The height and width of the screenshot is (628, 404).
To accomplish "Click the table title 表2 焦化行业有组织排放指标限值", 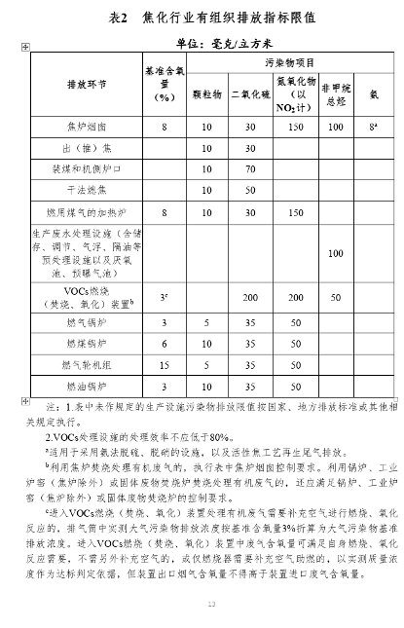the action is coord(202,18).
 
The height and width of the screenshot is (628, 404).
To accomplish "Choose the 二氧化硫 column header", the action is coord(250,96).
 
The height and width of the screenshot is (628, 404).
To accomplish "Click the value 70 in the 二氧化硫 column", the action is coord(250,168).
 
